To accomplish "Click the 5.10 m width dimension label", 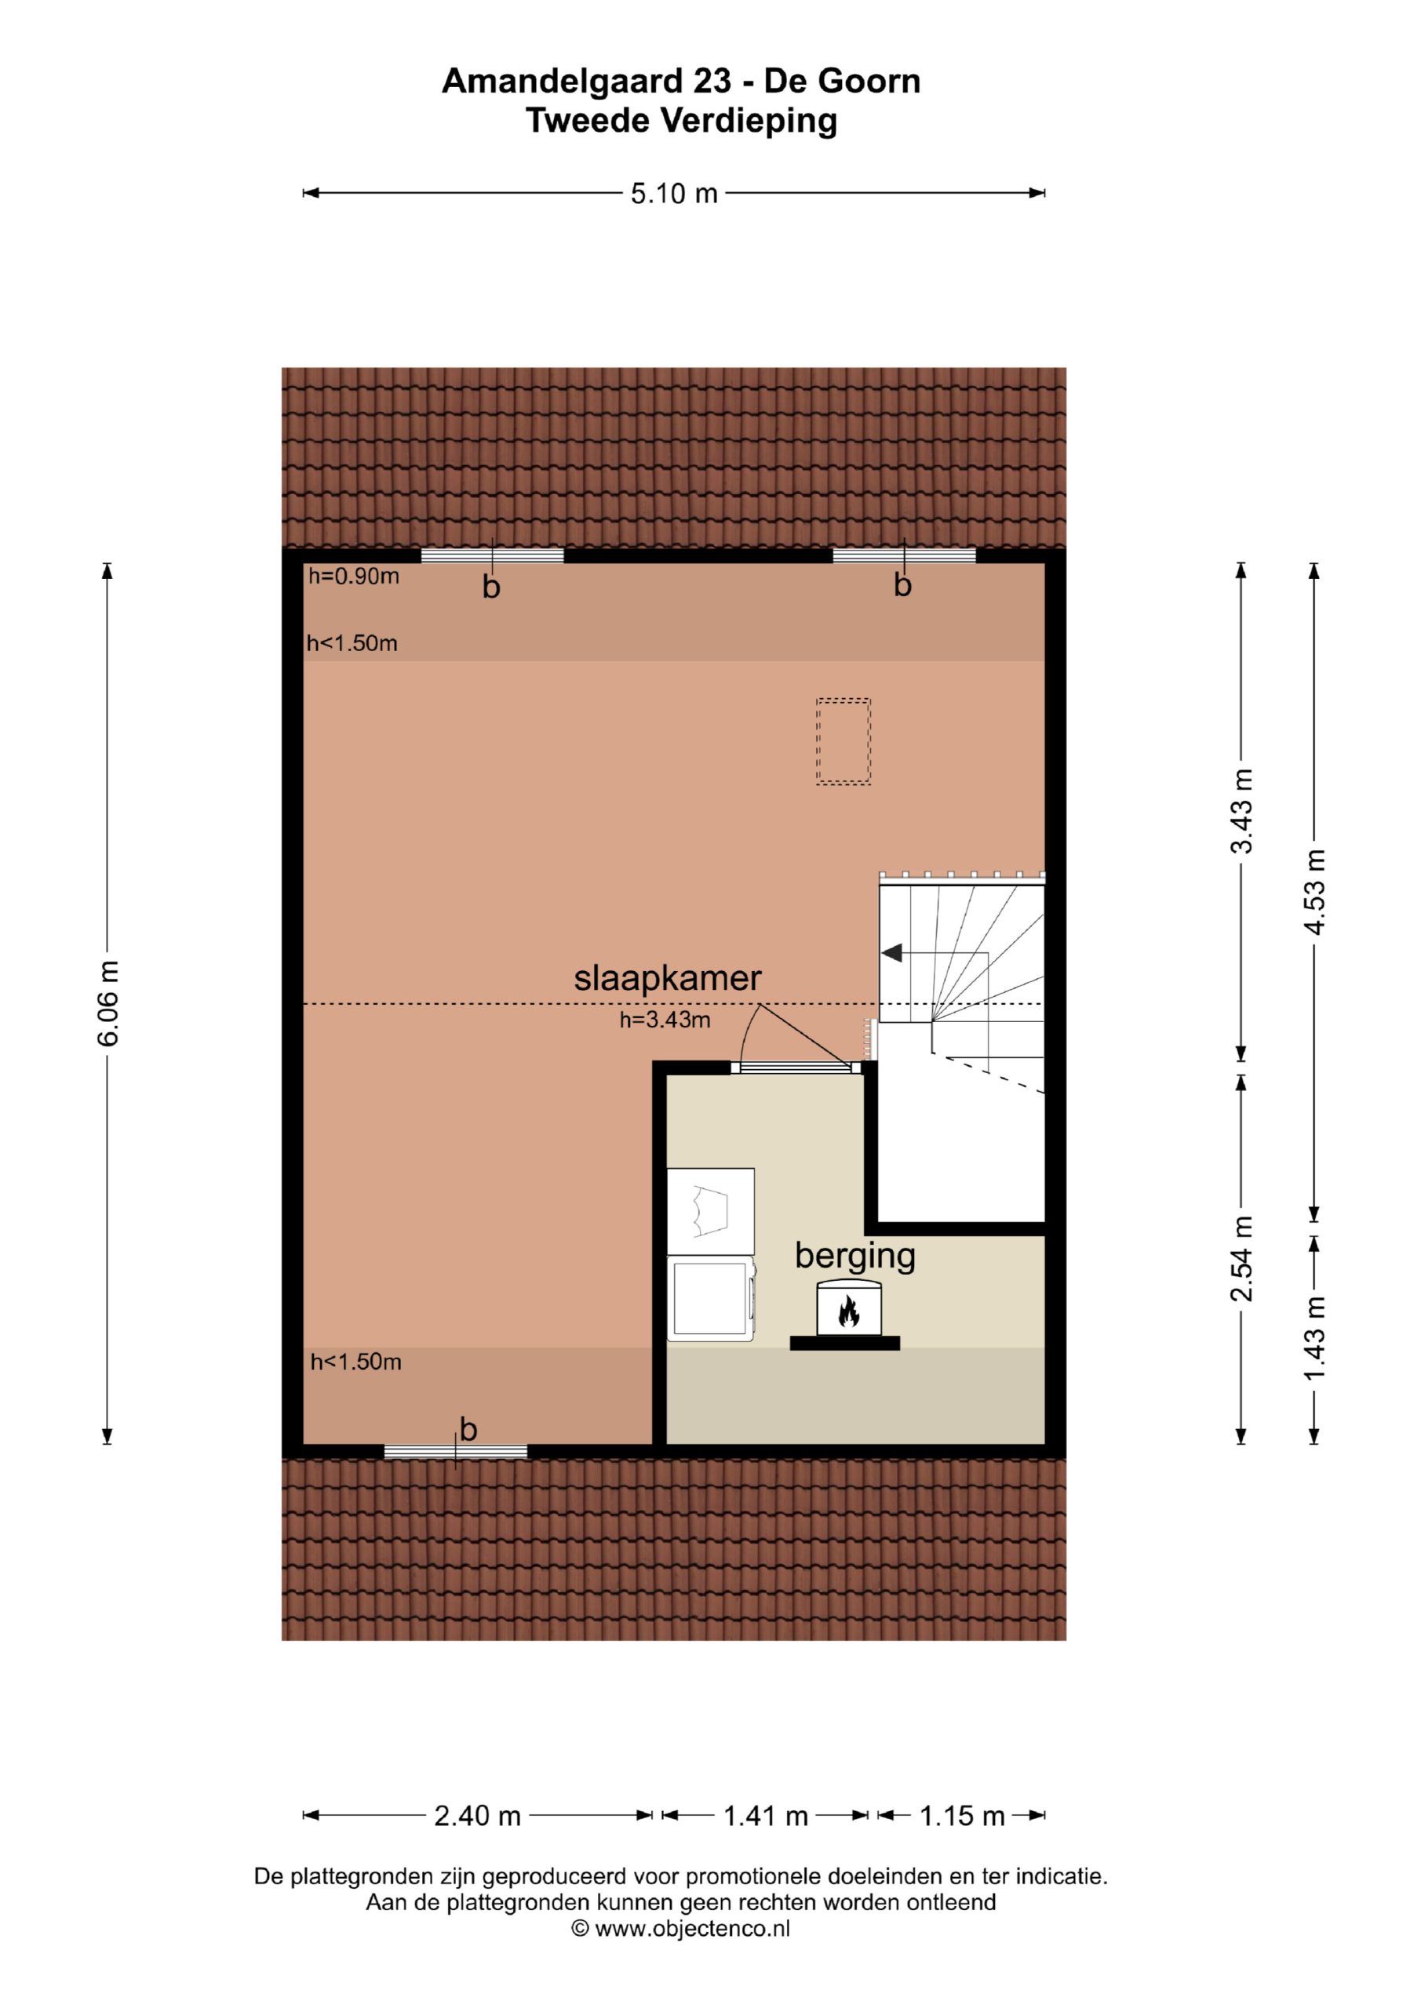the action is point(674,193).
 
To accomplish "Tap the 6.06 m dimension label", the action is point(107,1003).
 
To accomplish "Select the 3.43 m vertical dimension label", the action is point(1241,811).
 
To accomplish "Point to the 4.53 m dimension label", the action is point(1314,892).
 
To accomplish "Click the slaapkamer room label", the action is point(668,978).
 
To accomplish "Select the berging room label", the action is point(854,1257).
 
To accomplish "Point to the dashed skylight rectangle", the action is point(843,742).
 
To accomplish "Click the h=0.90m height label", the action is point(354,577).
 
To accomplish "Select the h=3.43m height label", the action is point(665,1020).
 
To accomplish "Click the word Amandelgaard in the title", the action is point(563,82).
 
